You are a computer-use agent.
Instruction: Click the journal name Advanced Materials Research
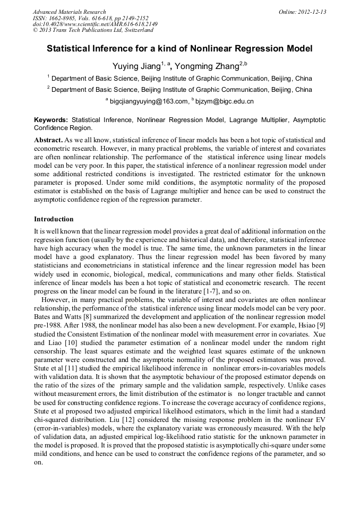(69, 12)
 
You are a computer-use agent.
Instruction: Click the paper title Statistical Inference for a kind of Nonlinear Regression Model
(179, 49)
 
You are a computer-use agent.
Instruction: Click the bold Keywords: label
(51, 120)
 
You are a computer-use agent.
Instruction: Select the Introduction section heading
(54, 219)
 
